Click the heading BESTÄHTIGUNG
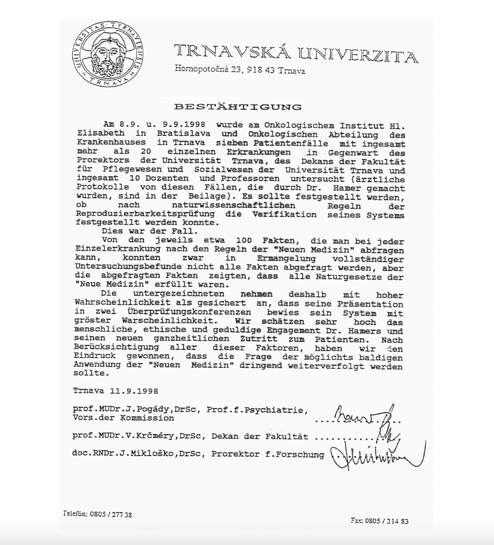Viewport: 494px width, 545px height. [238, 107]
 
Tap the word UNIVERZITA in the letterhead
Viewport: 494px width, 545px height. [358, 55]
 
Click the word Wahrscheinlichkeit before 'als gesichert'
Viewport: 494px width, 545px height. [122, 303]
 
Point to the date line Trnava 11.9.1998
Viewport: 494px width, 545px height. [116, 391]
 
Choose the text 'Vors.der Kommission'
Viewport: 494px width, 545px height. [123, 418]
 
